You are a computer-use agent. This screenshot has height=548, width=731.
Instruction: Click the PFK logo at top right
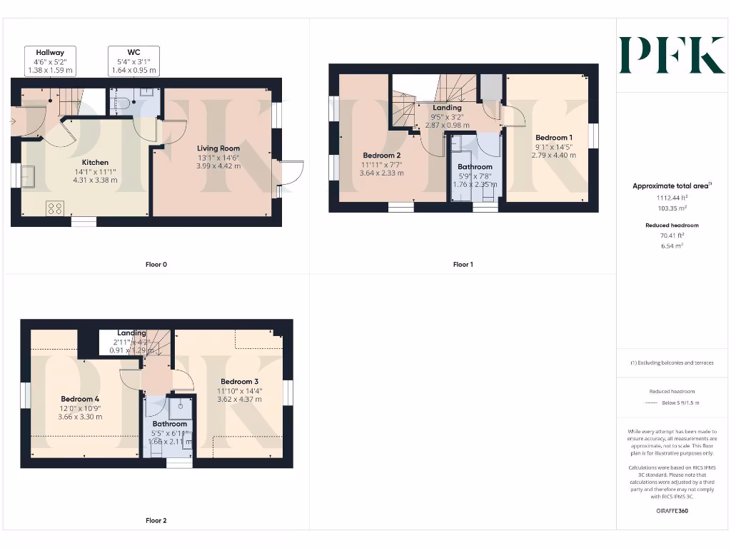point(671,55)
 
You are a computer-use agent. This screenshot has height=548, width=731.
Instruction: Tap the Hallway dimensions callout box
point(50,61)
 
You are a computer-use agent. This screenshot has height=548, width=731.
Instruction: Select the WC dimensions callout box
point(133,61)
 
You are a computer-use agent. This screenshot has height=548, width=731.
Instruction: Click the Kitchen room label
point(95,162)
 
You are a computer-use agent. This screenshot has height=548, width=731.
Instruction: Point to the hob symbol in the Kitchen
point(56,208)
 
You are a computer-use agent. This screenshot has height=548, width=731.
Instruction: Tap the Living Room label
point(218,148)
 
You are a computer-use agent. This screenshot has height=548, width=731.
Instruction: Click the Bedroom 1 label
point(554,138)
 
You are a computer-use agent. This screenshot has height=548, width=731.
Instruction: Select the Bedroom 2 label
point(381,156)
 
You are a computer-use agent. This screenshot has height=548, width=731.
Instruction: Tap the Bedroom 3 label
point(239,381)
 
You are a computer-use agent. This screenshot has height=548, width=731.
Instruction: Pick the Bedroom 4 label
point(81,399)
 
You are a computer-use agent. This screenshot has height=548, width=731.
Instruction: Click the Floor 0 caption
point(156,264)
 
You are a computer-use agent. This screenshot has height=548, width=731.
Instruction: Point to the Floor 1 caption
point(463,264)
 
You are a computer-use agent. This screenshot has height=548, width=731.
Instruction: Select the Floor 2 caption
point(156,520)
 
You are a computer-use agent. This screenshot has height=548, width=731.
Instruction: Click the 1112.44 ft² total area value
point(672,198)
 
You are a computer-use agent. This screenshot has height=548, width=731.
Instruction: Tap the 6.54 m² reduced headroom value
point(672,245)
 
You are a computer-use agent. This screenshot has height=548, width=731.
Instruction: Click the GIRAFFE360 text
point(672,511)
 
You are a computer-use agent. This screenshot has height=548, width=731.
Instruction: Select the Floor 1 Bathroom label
point(475,167)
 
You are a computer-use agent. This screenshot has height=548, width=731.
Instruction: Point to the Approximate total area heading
point(672,186)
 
